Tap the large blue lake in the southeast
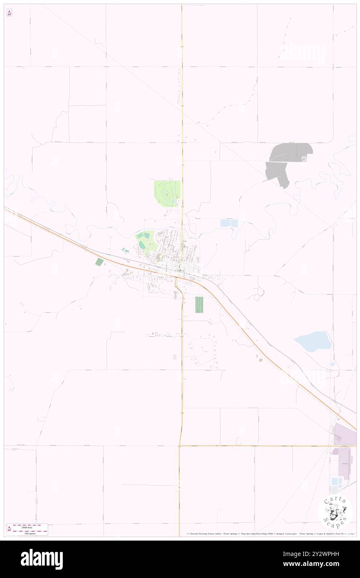point(313,341)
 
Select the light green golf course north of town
point(168,193)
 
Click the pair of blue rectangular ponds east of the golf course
point(229,223)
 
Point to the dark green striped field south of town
point(200,305)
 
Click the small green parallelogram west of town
point(99,262)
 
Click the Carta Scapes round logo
point(335,511)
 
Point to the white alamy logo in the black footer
point(42,559)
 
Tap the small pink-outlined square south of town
point(175,357)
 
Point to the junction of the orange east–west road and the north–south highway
point(180,446)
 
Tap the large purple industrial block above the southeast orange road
point(345,434)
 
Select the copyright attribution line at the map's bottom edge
point(270,534)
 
